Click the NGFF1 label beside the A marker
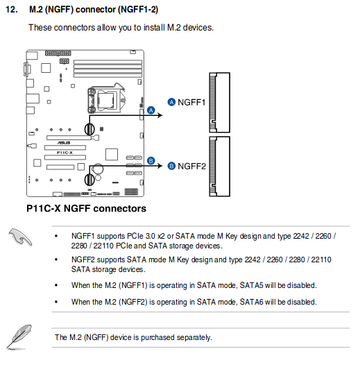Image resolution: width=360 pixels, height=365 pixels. (192, 102)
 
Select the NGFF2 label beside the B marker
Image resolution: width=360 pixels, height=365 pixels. (192, 166)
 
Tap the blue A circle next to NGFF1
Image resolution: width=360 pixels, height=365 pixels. (171, 102)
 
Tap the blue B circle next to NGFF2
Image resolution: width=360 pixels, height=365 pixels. (171, 166)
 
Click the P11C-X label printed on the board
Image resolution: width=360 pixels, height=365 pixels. (64, 151)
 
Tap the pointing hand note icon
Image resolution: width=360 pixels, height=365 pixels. (22, 238)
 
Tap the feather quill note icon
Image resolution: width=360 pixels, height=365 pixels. (22, 333)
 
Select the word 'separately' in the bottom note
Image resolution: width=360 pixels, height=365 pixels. (193, 337)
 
